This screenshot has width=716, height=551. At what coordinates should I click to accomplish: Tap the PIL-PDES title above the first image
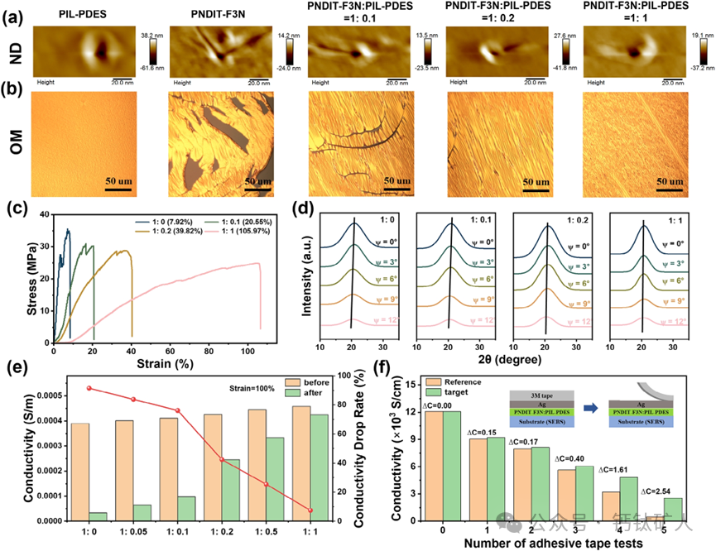tap(82, 11)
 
